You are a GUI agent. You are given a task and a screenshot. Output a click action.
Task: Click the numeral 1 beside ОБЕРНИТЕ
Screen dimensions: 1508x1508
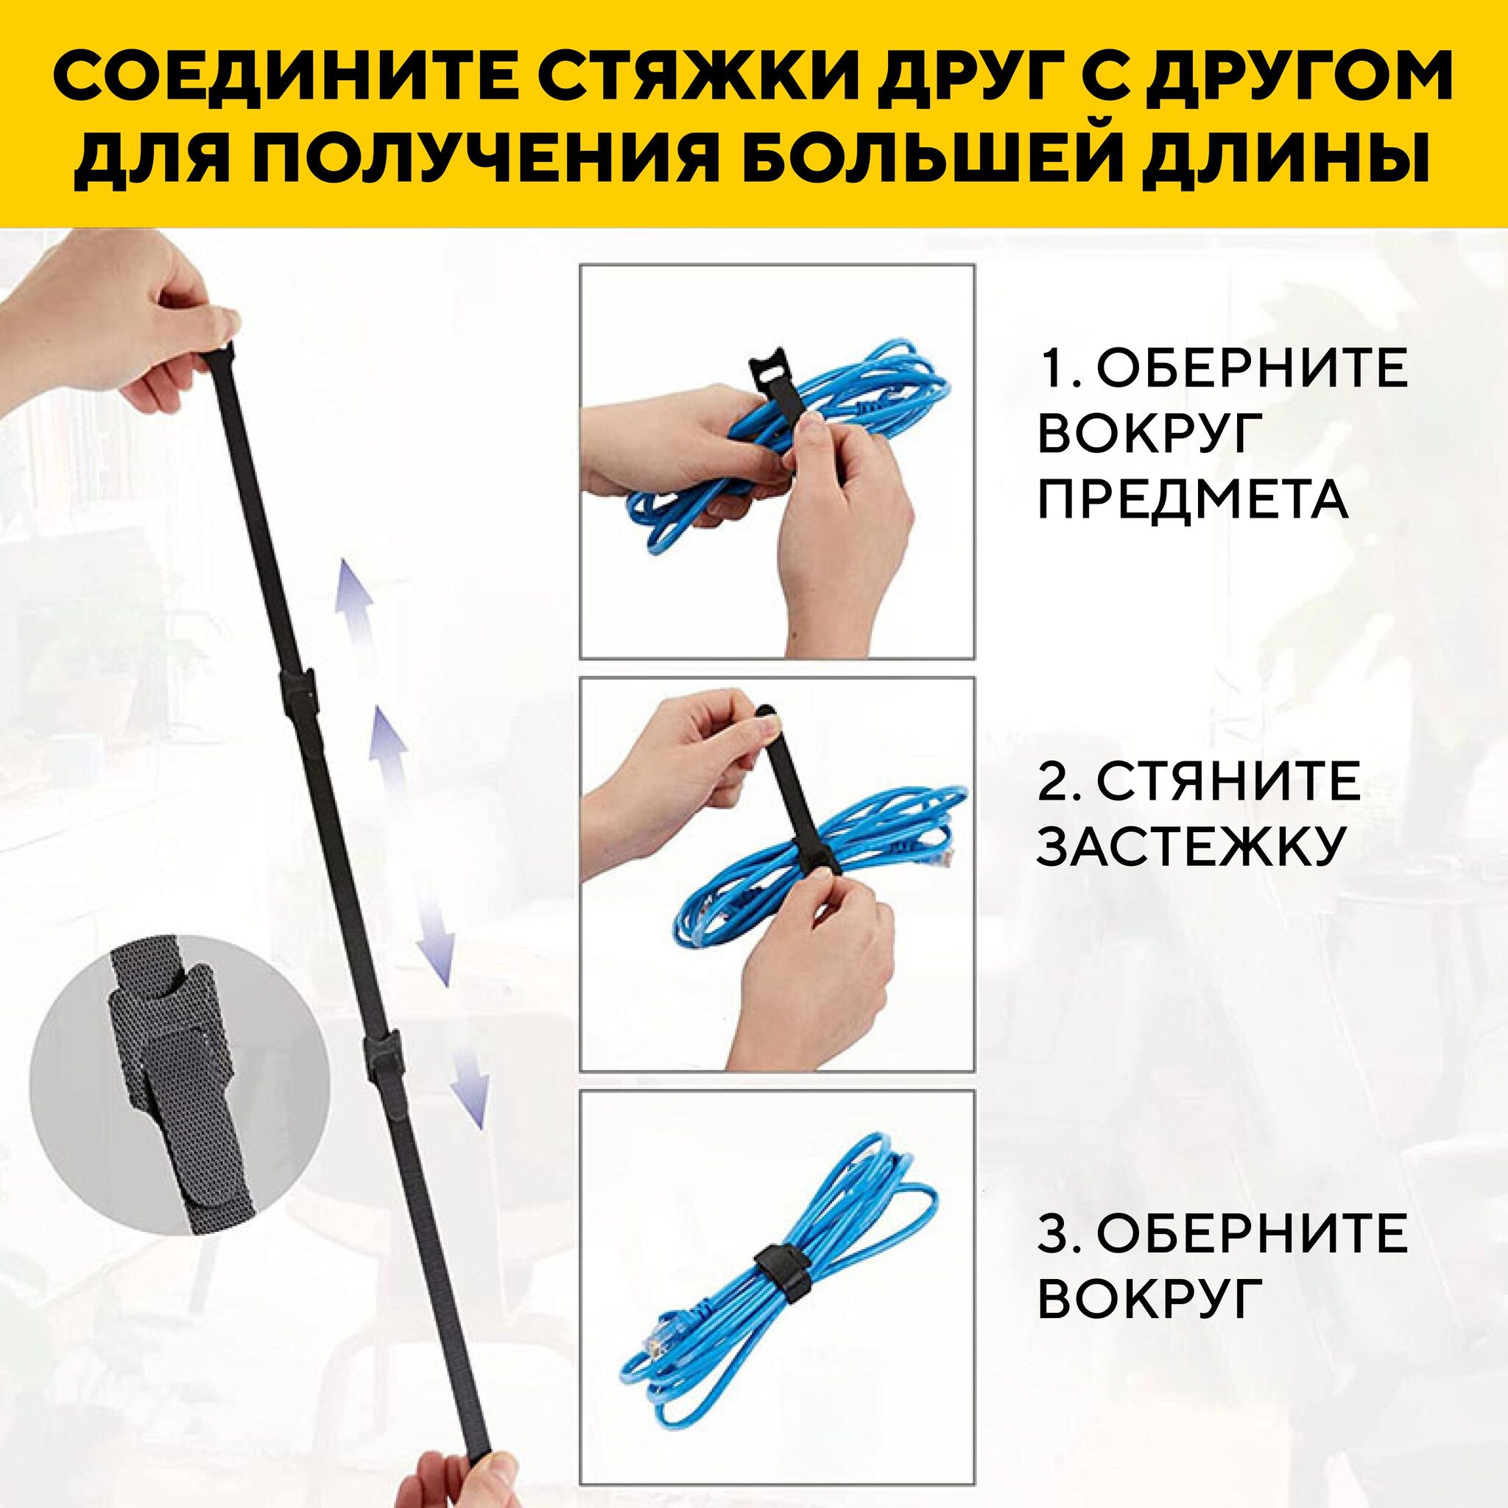[x=1051, y=368]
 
